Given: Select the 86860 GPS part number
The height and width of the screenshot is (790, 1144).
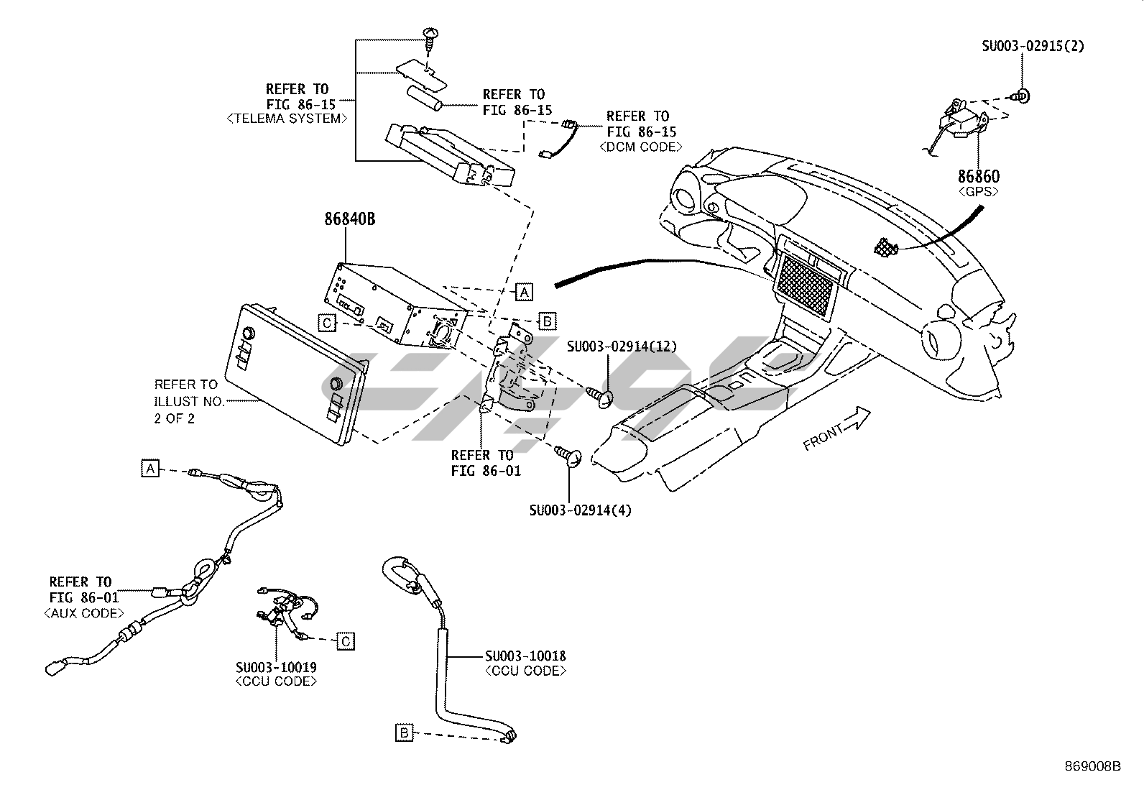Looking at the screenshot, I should pyautogui.click(x=977, y=176).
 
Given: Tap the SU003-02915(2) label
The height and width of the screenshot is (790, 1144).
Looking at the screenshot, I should pyautogui.click(x=1033, y=46).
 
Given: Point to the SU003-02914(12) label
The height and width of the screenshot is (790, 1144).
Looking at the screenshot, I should pyautogui.click(x=622, y=346).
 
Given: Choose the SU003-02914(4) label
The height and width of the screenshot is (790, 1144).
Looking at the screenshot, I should pyautogui.click(x=581, y=510).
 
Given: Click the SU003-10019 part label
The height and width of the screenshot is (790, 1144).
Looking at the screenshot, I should pyautogui.click(x=276, y=667).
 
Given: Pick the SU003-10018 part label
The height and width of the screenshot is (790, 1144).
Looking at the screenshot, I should pyautogui.click(x=525, y=656).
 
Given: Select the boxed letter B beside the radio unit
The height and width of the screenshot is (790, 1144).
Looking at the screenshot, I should pyautogui.click(x=547, y=321).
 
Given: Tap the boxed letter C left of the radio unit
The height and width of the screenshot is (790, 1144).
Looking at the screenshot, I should pyautogui.click(x=327, y=323).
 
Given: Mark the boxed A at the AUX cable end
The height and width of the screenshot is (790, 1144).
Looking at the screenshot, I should pyautogui.click(x=149, y=469).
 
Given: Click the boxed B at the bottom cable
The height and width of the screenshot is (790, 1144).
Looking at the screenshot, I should pyautogui.click(x=405, y=732).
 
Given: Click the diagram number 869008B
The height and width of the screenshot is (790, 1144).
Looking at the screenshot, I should pyautogui.click(x=1092, y=766).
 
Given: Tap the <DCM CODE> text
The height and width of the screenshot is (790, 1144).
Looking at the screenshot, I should pyautogui.click(x=640, y=147).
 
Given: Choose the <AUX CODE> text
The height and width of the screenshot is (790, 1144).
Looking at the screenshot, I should pyautogui.click(x=84, y=613).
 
